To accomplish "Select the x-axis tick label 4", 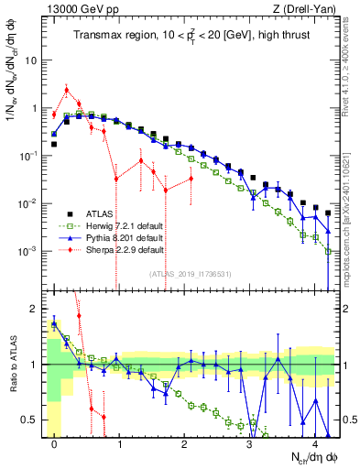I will click(x=314, y=443).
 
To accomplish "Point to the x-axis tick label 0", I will click(x=55, y=443).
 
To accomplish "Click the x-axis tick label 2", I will click(x=184, y=443).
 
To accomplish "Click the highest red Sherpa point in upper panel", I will click(x=67, y=90).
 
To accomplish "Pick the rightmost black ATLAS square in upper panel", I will click(x=327, y=213).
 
